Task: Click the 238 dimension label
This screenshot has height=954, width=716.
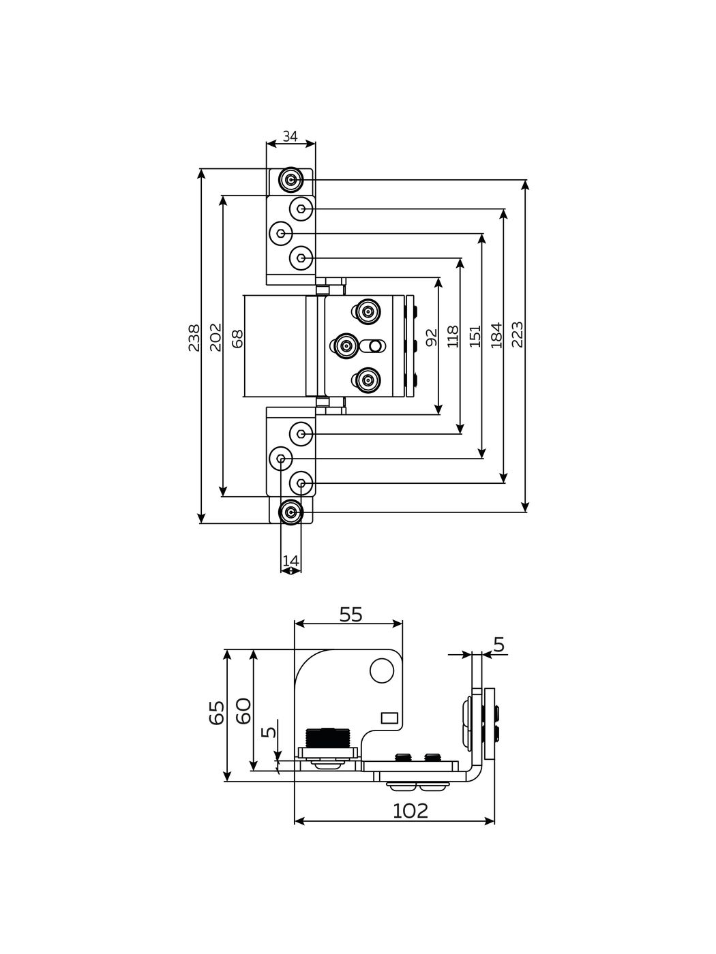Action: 194,337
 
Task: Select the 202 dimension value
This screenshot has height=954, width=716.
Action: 215,337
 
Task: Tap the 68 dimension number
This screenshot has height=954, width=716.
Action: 237,338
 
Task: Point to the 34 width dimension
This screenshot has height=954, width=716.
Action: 290,136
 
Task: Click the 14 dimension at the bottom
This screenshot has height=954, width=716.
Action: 290,560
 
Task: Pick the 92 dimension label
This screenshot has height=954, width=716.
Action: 431,337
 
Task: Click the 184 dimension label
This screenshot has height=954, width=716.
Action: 496,335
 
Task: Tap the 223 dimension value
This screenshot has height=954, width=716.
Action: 518,335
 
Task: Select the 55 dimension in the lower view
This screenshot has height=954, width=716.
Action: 350,615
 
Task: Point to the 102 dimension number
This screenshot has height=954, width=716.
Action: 411,810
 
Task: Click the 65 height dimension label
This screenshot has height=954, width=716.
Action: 217,713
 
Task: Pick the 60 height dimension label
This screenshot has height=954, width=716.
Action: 243,711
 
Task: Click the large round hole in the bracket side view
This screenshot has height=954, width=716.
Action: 381,671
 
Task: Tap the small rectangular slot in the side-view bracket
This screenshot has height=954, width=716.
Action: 389,717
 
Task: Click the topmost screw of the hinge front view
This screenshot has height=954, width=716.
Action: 292,181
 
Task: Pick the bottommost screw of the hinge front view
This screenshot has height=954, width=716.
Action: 292,511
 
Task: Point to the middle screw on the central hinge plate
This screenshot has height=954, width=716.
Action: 346,346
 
